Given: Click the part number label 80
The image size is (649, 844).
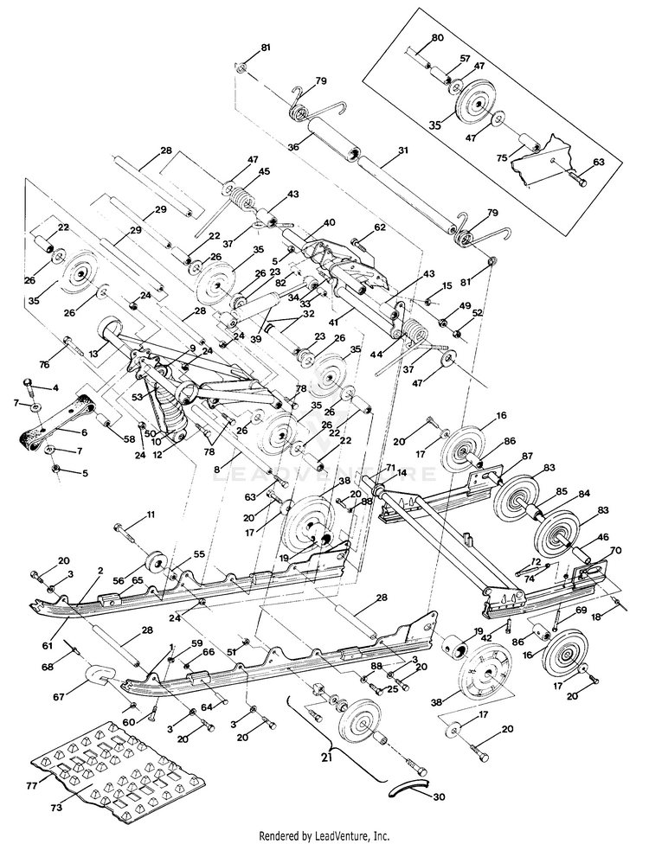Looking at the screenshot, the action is (437, 38).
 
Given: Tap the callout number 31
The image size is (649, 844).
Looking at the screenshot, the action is (403, 150).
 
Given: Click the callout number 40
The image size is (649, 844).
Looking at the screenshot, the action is (329, 222).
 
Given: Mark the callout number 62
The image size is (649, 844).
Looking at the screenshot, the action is (380, 227).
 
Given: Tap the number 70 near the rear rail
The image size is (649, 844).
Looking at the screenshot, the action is (615, 550).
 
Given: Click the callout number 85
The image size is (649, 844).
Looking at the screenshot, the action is (562, 491).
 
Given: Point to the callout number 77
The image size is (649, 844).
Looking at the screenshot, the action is (30, 786).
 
